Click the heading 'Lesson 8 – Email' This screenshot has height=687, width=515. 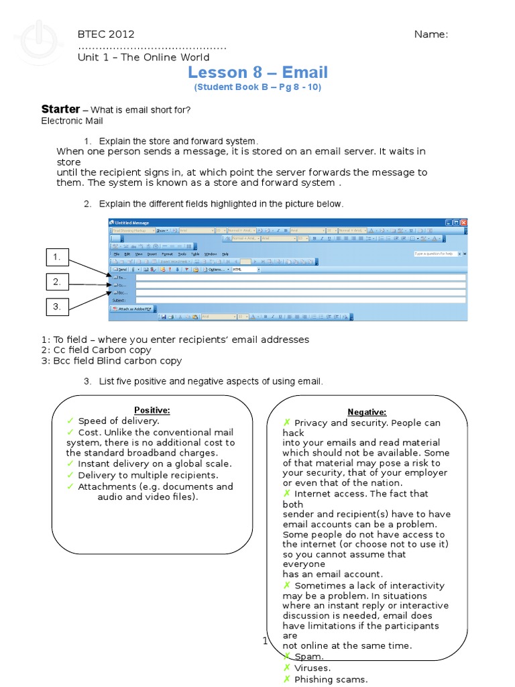257,72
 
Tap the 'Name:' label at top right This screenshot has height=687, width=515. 431,35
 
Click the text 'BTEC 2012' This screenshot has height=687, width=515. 106,34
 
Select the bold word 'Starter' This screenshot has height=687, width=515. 60,109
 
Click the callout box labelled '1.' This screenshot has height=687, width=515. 58,256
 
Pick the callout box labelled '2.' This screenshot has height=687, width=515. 58,282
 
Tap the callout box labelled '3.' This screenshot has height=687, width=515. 58,307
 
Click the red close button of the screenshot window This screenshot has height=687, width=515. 463,223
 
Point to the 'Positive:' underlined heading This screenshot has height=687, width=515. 152,410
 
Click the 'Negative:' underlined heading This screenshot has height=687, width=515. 367,412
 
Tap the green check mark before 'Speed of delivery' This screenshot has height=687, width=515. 70,421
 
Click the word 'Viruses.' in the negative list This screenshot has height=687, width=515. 312,668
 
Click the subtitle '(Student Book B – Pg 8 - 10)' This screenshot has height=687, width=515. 257,88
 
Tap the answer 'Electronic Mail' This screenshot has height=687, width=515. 72,121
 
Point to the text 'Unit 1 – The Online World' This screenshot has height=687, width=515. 144,57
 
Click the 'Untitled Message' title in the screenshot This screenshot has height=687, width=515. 131,223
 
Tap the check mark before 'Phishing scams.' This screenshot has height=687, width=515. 286,679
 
